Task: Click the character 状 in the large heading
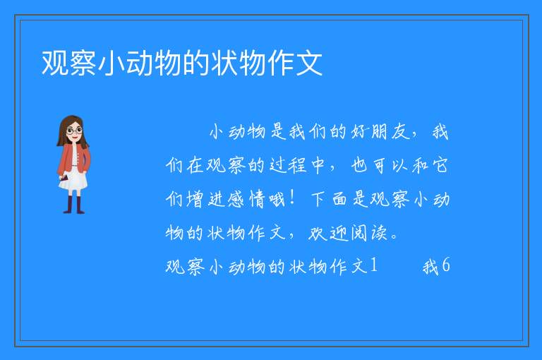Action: click(x=224, y=63)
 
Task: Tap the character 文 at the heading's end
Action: click(x=309, y=63)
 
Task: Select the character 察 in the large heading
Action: click(x=83, y=63)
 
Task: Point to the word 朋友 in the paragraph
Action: click(x=390, y=132)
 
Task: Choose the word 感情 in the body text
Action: click(x=237, y=199)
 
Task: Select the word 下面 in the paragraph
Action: click(x=330, y=199)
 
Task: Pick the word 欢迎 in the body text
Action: click(x=327, y=233)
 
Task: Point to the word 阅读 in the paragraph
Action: click(x=369, y=233)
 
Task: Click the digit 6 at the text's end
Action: click(x=445, y=265)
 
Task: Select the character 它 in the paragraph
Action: click(x=440, y=165)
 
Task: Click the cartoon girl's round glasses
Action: click(x=74, y=131)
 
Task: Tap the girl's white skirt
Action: click(x=73, y=180)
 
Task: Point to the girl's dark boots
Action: click(x=74, y=205)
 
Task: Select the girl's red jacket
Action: click(x=73, y=158)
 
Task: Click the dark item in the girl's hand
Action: click(x=64, y=178)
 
